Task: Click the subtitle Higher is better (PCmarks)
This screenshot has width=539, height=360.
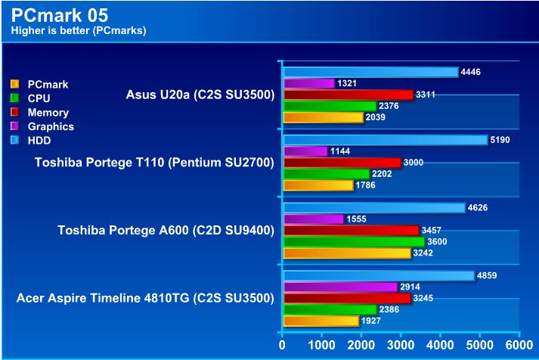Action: click(78, 31)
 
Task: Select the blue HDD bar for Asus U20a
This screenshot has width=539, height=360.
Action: click(370, 73)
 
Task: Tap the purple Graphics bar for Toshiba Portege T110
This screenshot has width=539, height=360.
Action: click(305, 152)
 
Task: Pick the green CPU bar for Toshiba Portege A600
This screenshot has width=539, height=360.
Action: click(353, 242)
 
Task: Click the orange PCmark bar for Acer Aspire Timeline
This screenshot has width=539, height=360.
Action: click(321, 321)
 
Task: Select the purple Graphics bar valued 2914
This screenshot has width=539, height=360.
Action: click(339, 287)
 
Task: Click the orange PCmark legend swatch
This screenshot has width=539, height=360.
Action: click(14, 84)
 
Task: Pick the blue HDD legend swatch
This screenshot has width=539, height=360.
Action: click(14, 141)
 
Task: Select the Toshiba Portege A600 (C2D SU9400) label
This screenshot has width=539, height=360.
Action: click(166, 230)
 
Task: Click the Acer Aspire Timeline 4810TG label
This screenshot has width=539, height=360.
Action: click(144, 298)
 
